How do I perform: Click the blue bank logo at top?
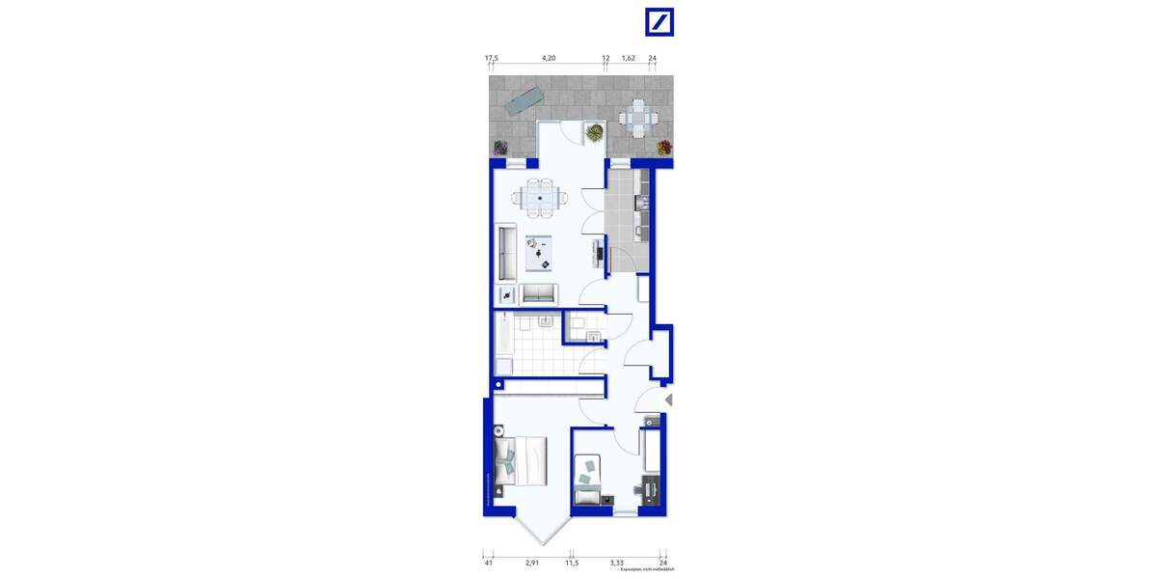pyautogui.click(x=659, y=22)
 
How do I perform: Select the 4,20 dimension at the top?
pyautogui.click(x=549, y=59)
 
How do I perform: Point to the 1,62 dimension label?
pyautogui.click(x=629, y=59)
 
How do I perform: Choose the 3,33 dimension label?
pyautogui.click(x=617, y=561)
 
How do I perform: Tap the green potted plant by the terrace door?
pyautogui.click(x=596, y=131)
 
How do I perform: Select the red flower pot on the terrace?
pyautogui.click(x=663, y=148)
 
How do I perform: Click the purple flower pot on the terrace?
pyautogui.click(x=500, y=148)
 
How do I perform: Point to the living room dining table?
pyautogui.click(x=540, y=199)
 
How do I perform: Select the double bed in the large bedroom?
pyautogui.click(x=521, y=460)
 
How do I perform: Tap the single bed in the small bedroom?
pyautogui.click(x=586, y=480)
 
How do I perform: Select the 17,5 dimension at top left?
pyautogui.click(x=492, y=59)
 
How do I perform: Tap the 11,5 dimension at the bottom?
pyautogui.click(x=572, y=561)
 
